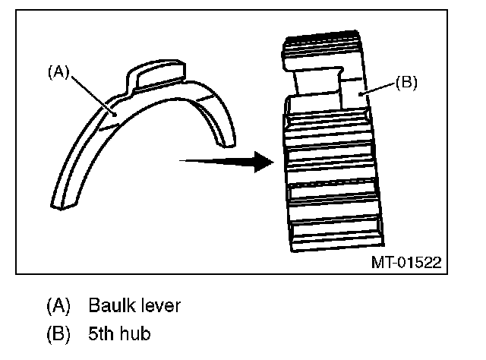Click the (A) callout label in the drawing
pyautogui.click(x=58, y=72)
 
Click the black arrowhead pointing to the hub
pyautogui.click(x=262, y=161)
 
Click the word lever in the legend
pyautogui.click(x=162, y=306)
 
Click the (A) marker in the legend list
pyautogui.click(x=58, y=306)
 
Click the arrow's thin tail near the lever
pyautogui.click(x=194, y=160)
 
